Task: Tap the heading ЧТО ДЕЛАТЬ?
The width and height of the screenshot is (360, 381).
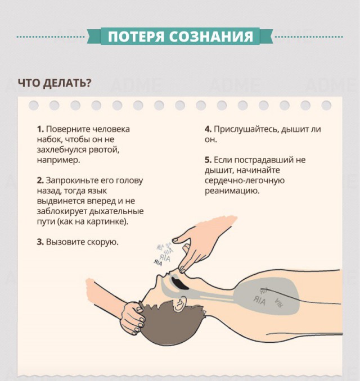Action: click(x=54, y=83)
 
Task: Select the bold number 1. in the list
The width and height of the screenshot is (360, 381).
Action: click(x=40, y=129)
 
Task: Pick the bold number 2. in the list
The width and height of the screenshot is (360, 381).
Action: click(x=40, y=180)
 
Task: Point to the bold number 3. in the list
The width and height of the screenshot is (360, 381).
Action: click(x=40, y=242)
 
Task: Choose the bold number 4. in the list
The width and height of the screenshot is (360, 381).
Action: click(x=208, y=129)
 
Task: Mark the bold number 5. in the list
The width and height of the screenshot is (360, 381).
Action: click(x=208, y=160)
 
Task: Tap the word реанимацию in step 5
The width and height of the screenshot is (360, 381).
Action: click(x=232, y=190)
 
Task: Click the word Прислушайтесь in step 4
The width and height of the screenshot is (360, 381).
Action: click(x=242, y=129)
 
